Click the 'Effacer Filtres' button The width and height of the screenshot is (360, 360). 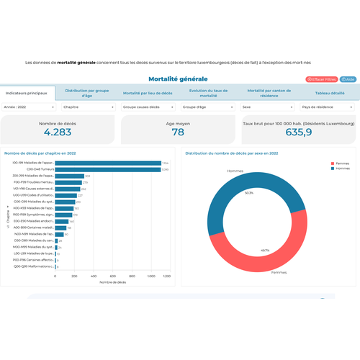[322, 79]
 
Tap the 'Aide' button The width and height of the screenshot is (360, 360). [348, 79]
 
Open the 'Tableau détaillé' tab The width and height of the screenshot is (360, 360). [330, 93]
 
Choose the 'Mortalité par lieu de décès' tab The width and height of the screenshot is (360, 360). [148, 93]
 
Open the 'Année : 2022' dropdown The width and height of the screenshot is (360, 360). [30, 107]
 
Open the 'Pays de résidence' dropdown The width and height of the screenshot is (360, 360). [328, 107]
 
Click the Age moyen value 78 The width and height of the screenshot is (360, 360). [178, 132]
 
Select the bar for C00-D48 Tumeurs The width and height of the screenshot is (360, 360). [107, 169]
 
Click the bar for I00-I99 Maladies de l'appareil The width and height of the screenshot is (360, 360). [108, 163]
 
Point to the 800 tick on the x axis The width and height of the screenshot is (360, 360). [130, 276]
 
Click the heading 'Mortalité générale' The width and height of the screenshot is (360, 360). [178, 78]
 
